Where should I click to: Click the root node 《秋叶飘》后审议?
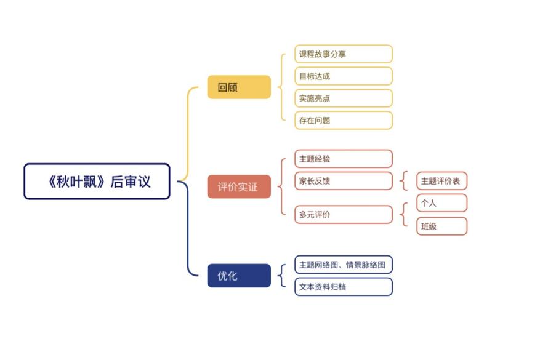(97, 181)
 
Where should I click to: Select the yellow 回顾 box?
(239, 87)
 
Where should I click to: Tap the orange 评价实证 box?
(239, 186)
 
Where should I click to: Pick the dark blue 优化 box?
(239, 276)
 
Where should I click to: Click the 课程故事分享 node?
(343, 54)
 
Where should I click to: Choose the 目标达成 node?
(343, 76)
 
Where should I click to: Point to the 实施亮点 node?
(343, 98)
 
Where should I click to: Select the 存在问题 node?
(343, 121)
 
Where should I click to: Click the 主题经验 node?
(343, 159)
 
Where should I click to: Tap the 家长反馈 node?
(343, 181)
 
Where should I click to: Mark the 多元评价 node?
(343, 215)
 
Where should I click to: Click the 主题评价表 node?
(441, 181)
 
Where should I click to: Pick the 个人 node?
(441, 203)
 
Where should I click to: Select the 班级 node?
(441, 226)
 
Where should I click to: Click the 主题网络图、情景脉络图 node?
(343, 265)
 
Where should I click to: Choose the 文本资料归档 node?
(343, 287)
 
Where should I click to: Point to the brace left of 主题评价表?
(403, 181)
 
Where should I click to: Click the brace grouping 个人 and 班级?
(403, 214)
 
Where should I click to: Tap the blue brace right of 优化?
(281, 276)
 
